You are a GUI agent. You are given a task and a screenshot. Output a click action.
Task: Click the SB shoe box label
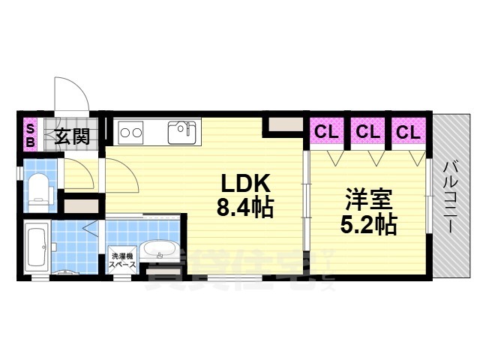[x=31, y=135]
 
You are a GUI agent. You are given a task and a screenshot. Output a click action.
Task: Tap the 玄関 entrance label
[x=72, y=136]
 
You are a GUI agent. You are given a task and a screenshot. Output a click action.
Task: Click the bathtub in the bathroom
[x=35, y=245]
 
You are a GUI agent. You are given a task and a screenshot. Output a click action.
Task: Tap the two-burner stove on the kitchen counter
[x=131, y=133]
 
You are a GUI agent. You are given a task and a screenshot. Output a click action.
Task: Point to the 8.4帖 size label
[x=244, y=208]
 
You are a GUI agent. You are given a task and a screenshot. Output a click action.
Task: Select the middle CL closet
[x=367, y=132]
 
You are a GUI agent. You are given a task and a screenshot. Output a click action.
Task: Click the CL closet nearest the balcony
[x=407, y=132]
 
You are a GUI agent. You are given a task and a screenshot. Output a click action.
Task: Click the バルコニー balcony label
[x=451, y=196]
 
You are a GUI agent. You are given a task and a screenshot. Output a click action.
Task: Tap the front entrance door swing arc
[x=71, y=94]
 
